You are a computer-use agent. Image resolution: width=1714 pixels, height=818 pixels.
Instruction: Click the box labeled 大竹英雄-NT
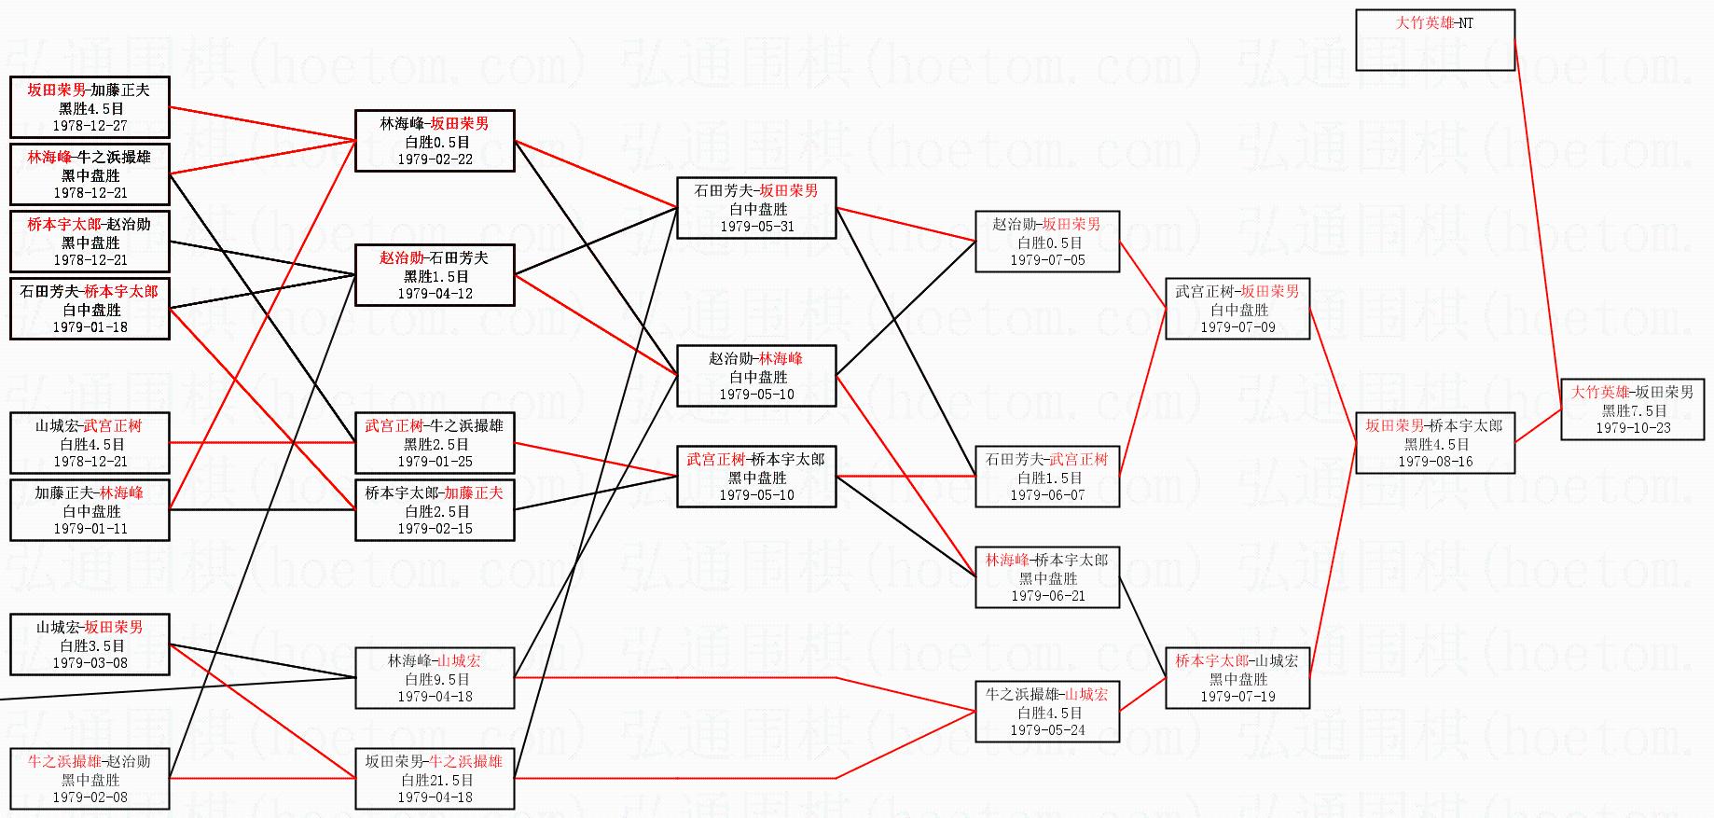[x=1434, y=39]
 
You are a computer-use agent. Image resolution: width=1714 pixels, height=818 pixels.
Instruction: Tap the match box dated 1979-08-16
[x=1434, y=443]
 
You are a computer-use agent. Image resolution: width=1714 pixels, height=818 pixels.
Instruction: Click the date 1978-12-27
[x=90, y=126]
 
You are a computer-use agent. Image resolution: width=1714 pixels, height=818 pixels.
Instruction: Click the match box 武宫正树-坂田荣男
[x=1237, y=309]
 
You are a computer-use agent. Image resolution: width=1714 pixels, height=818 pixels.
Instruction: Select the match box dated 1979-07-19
[x=1237, y=678]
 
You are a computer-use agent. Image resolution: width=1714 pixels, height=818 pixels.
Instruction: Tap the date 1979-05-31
[x=756, y=227]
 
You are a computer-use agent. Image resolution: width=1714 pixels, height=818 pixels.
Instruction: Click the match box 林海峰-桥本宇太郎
[x=1047, y=577]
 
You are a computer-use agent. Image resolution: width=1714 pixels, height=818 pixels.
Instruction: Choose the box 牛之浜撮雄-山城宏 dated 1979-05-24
[x=1047, y=712]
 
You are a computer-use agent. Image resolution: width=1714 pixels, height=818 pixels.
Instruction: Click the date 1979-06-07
[x=1047, y=495]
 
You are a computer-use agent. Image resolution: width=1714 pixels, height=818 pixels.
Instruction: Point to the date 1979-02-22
[x=435, y=159]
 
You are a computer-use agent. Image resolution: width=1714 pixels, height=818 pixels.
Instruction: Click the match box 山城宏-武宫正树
[x=90, y=443]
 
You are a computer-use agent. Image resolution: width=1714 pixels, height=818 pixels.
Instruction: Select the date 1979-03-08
[x=90, y=663]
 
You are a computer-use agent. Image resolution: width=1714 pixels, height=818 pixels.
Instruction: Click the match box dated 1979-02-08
[x=90, y=779]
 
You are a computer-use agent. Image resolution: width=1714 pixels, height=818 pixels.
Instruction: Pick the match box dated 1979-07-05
[x=1047, y=242]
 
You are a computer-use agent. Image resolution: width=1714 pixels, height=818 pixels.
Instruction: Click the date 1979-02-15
[x=435, y=529]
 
